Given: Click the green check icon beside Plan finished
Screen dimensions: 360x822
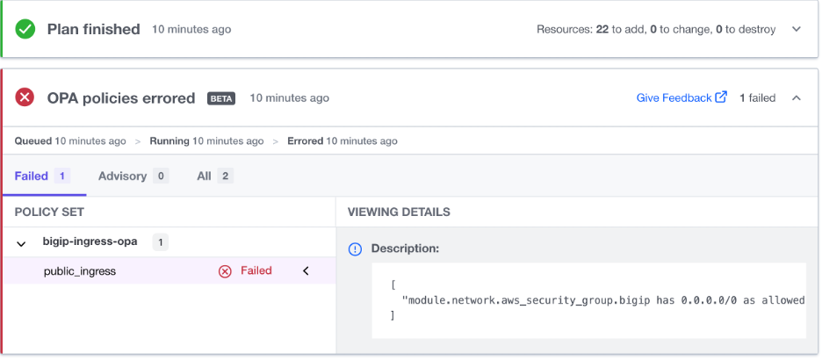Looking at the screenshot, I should point(25,29).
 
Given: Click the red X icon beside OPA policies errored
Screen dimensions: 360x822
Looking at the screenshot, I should point(25,97).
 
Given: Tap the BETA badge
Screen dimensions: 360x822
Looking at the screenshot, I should point(221,98).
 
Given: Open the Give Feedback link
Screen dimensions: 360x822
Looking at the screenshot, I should point(674,97).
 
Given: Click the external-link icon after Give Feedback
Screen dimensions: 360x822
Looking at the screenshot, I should point(721,97).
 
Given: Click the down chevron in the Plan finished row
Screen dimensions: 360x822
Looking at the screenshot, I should point(797,29).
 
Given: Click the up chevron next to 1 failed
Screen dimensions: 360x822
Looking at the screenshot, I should point(797,97).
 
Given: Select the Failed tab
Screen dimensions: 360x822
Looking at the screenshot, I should point(32,176).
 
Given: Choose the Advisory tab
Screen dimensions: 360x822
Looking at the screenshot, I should point(122,176).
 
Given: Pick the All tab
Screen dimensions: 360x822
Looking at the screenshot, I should point(204,176).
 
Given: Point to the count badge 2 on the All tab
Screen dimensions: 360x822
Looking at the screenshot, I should point(225,176).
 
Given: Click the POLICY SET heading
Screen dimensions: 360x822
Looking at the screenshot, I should point(49,212).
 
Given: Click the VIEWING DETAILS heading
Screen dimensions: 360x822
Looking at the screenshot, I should point(399,212).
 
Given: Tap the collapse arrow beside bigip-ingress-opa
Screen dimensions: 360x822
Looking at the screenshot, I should point(22,242).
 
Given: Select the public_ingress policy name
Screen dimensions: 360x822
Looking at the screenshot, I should point(80,271).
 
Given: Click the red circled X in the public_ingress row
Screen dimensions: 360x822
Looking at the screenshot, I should point(225,271).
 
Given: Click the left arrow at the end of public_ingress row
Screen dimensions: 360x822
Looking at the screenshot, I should point(306,271).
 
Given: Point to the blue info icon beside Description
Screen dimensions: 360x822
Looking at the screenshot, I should point(356,249).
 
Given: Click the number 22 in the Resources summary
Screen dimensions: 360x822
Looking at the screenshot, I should point(602,29).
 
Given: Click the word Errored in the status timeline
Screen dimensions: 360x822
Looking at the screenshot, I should point(306,140).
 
